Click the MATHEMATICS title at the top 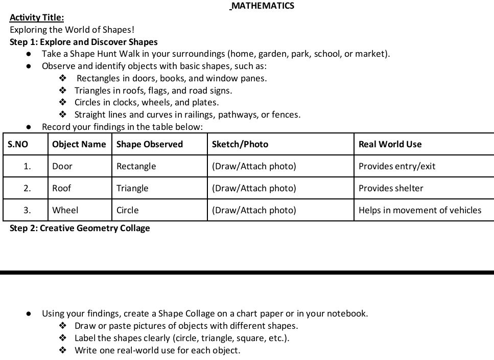[262, 6]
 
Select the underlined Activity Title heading [37, 18]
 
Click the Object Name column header [79, 144]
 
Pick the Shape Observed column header [150, 144]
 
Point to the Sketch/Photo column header [240, 144]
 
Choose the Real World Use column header [390, 144]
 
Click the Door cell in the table [62, 166]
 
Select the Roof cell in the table [62, 188]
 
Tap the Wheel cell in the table [65, 210]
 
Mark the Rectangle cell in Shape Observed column [136, 166]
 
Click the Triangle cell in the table [132, 188]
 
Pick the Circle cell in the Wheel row [128, 210]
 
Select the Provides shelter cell [391, 188]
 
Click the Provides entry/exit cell [397, 166]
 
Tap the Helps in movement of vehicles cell [420, 210]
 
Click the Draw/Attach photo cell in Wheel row [254, 210]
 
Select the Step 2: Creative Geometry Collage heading [80, 228]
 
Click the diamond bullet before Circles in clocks [63, 102]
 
